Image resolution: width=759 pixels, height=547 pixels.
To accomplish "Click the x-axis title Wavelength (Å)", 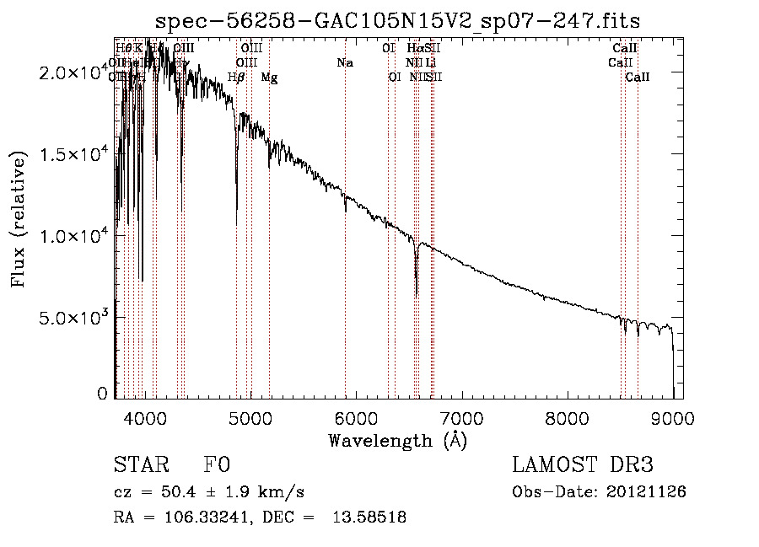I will pyautogui.click(x=397, y=440).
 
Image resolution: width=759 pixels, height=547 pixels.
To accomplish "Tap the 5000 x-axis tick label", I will pyautogui.click(x=250, y=416).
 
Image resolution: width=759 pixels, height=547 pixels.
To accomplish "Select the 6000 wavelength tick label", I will pyautogui.click(x=356, y=416).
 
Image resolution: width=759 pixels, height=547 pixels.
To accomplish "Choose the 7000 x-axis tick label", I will pyautogui.click(x=461, y=416).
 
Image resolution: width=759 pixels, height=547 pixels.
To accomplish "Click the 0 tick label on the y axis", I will pyautogui.click(x=103, y=394).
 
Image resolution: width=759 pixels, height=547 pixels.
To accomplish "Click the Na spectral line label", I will pyautogui.click(x=345, y=62).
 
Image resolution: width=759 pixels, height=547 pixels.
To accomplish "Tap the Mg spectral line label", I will pyautogui.click(x=269, y=78).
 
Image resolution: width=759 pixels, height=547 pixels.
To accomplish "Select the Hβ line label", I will pyautogui.click(x=237, y=78).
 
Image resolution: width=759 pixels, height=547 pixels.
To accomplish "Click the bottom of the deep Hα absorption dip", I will pyautogui.click(x=416, y=295).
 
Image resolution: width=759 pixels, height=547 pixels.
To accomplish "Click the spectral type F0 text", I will pyautogui.click(x=217, y=465).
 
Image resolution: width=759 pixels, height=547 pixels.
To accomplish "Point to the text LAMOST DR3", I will pyautogui.click(x=583, y=465).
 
